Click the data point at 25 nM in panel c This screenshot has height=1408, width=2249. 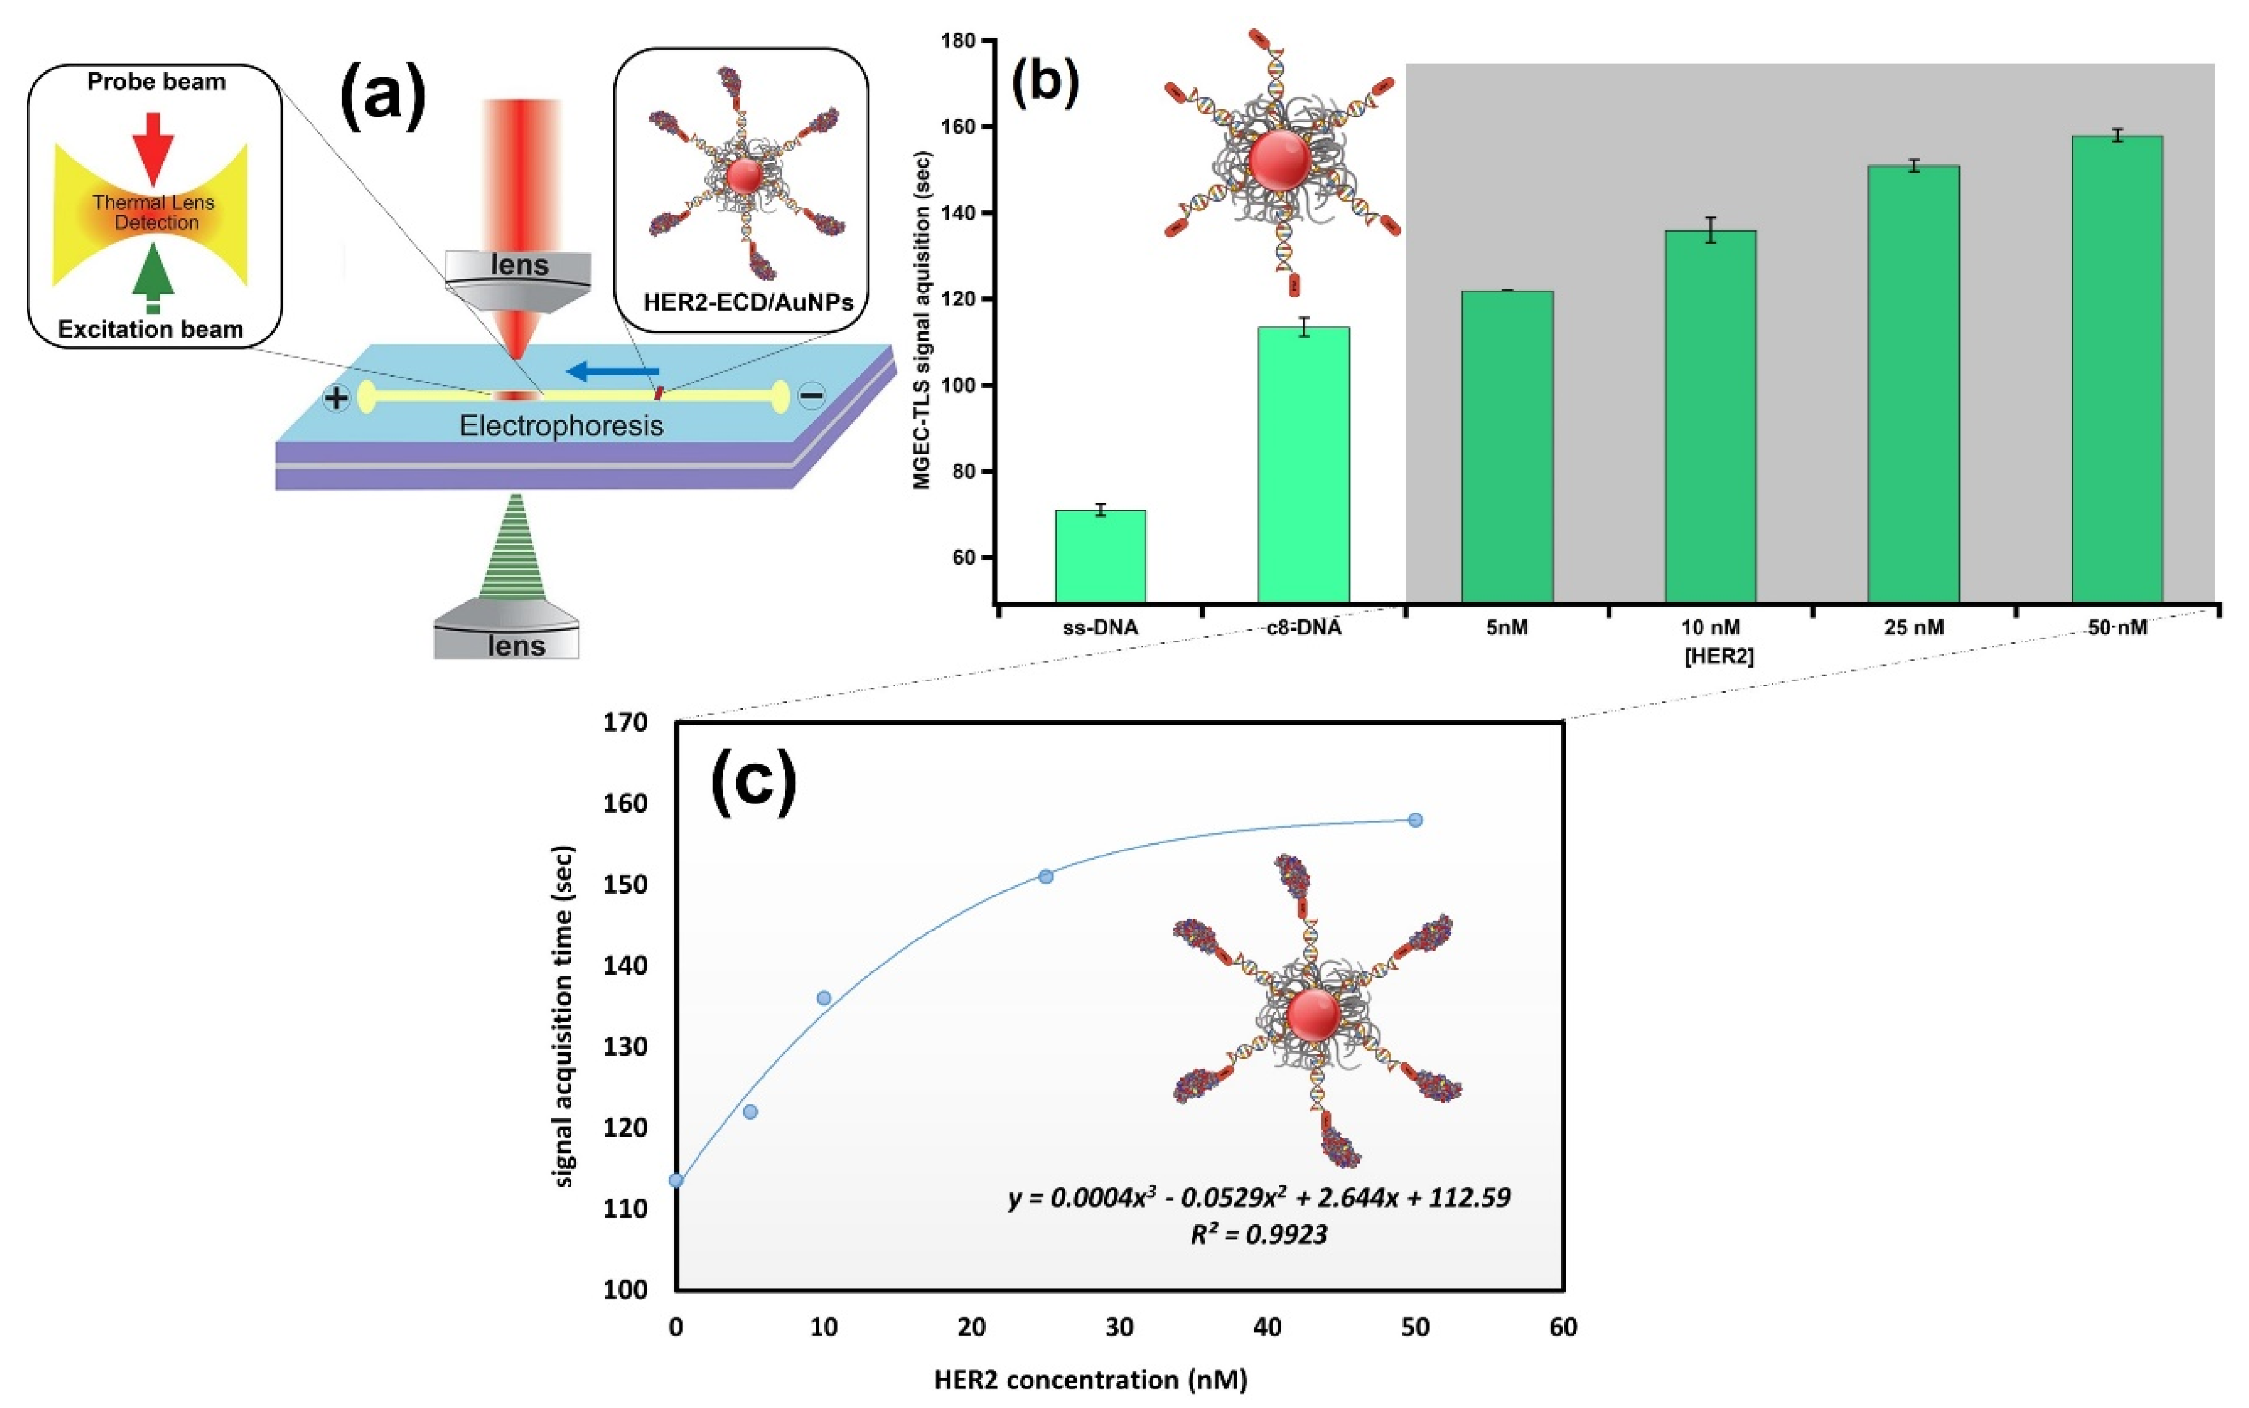point(1046,876)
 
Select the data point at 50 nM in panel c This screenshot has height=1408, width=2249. point(1415,819)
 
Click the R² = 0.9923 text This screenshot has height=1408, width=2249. point(1258,1235)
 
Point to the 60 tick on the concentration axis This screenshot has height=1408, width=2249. point(1563,1326)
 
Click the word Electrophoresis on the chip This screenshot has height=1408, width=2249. point(561,427)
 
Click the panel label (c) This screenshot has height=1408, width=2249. point(753,782)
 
